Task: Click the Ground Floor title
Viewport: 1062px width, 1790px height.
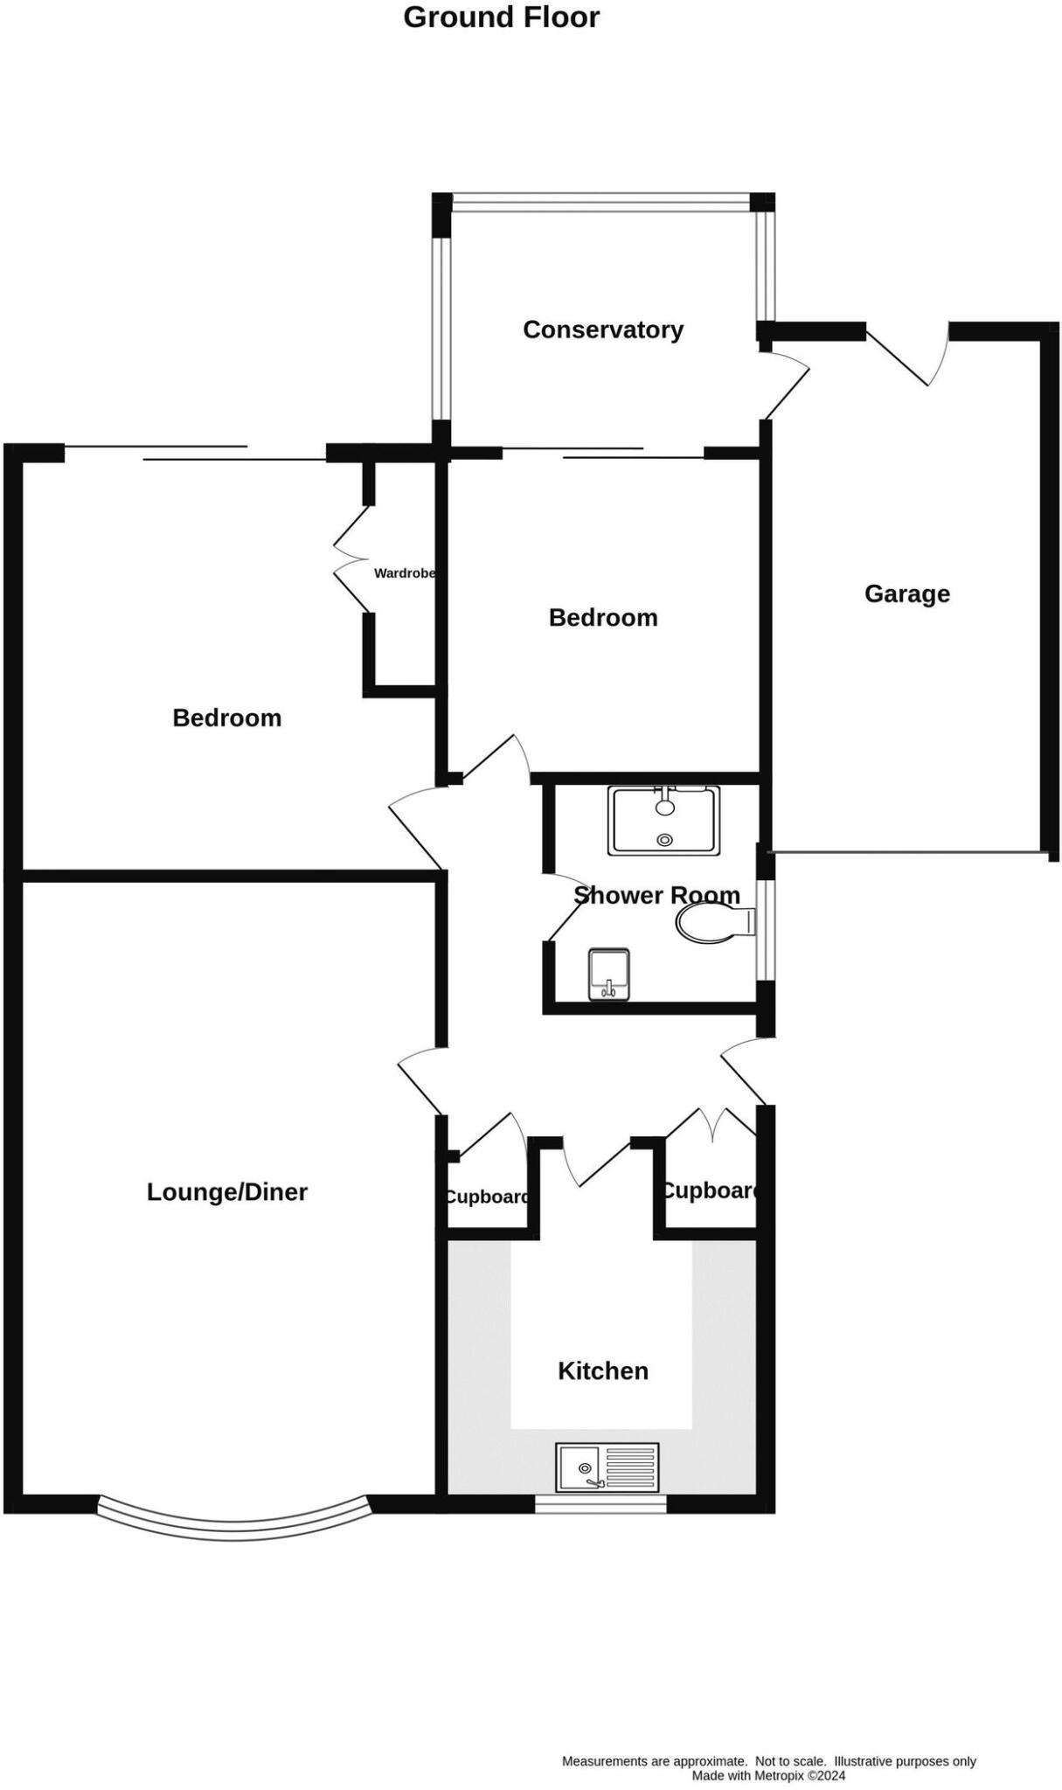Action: pos(501,17)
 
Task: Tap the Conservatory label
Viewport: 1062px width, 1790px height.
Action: pos(602,330)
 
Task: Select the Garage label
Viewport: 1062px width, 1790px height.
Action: pos(906,593)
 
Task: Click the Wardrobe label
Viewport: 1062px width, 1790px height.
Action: pos(404,573)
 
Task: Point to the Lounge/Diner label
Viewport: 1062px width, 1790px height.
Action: pos(226,1191)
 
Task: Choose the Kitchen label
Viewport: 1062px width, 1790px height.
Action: pos(602,1370)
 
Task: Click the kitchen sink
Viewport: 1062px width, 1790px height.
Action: pos(607,1467)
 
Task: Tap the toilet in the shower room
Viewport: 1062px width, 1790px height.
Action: pos(712,923)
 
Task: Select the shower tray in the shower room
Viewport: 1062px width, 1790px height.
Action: pos(664,820)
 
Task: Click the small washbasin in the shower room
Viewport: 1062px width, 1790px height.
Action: pos(609,974)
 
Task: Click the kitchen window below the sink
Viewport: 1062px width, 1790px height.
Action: pos(600,1502)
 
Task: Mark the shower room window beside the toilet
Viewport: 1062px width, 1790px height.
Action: pos(765,929)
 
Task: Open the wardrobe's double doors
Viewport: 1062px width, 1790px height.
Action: pos(350,559)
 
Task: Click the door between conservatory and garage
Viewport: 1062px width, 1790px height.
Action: pos(785,385)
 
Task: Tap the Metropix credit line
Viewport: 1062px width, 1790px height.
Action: pos(768,1775)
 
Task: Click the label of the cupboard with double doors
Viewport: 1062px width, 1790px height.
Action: pos(710,1190)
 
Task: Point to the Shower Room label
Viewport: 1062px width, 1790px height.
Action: pos(656,894)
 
